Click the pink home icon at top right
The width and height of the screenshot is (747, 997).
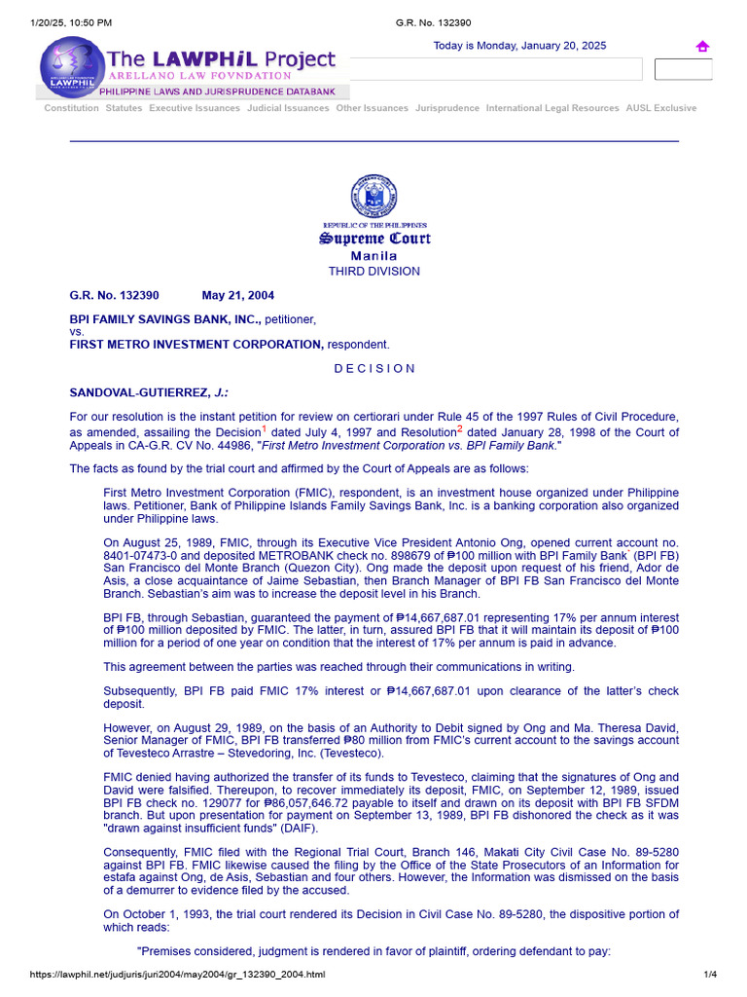click(x=702, y=47)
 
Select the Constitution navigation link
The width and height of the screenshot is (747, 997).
click(x=71, y=108)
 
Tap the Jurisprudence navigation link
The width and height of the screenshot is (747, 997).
click(x=447, y=108)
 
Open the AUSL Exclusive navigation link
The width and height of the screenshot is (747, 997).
click(x=660, y=108)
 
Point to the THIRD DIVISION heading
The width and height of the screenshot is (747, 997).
click(x=374, y=272)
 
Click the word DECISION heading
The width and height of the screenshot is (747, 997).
click(x=374, y=369)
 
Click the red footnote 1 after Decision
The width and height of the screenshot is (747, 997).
click(x=264, y=428)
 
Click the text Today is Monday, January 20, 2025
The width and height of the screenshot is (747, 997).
click(x=519, y=47)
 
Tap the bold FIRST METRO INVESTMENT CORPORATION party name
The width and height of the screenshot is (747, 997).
click(x=196, y=344)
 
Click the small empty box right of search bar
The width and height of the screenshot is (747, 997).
click(x=683, y=69)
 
